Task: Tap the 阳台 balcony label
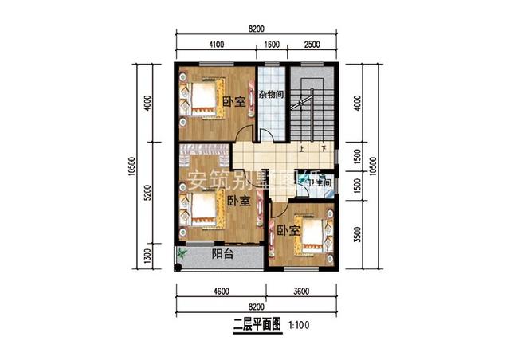tap(222, 255)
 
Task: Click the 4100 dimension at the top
tap(217, 45)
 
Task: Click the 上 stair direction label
tap(302, 149)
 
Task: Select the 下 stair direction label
tap(324, 149)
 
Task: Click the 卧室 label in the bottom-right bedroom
tap(288, 231)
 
